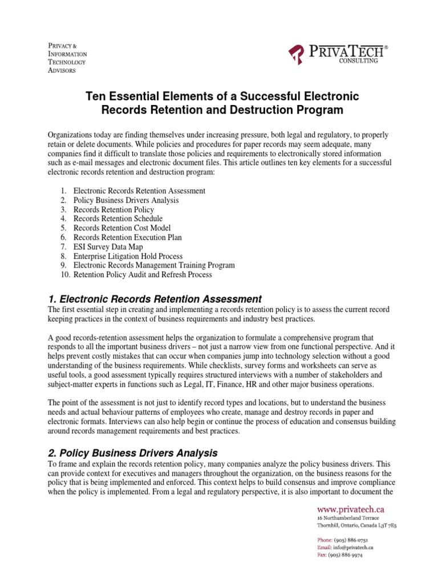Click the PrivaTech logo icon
(x=295, y=55)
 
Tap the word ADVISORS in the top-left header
(x=60, y=70)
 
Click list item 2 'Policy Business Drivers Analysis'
(x=126, y=200)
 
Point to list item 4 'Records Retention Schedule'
(x=117, y=218)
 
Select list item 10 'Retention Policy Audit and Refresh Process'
(x=142, y=275)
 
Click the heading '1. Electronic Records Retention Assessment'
(x=155, y=299)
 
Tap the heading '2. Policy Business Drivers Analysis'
(x=133, y=453)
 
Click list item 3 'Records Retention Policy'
(x=113, y=209)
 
